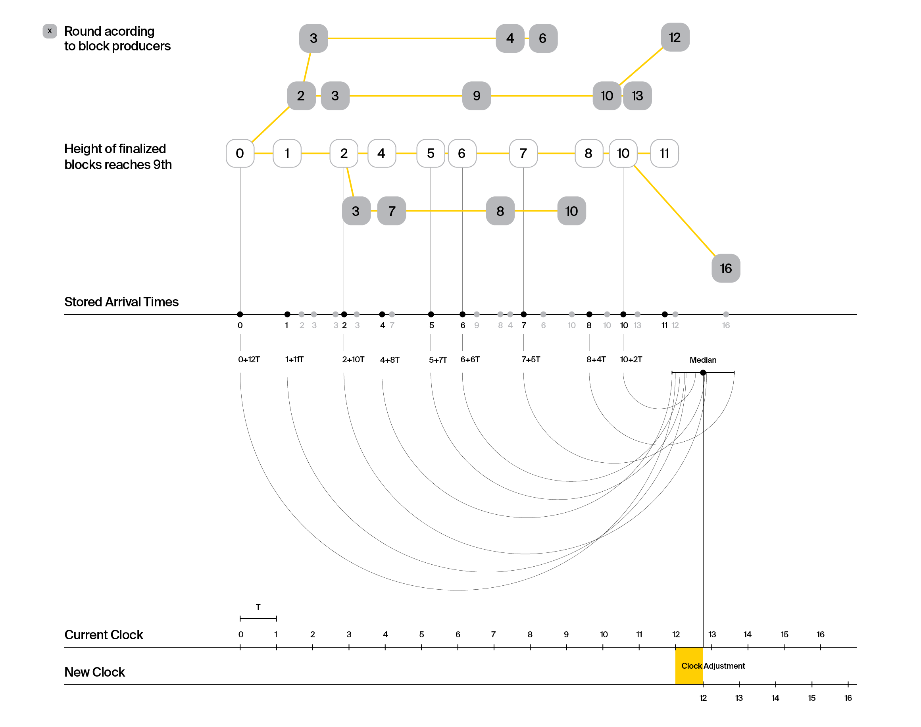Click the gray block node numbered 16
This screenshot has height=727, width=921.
tap(726, 268)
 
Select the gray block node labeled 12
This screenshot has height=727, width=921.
tap(675, 37)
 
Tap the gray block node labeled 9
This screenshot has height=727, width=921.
tap(477, 96)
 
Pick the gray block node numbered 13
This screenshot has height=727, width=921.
tap(637, 96)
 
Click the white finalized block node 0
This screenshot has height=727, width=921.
tap(240, 153)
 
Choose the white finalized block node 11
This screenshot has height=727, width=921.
tap(664, 153)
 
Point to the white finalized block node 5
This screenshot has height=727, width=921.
tap(431, 153)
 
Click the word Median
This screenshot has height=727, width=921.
tap(703, 360)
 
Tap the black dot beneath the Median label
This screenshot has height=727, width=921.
tap(703, 373)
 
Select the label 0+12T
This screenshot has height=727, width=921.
tap(249, 359)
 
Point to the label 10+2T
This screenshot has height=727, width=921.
tap(631, 359)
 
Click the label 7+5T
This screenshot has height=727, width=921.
tap(531, 359)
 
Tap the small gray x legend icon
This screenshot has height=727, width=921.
tap(50, 31)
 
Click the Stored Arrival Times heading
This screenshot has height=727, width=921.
tap(121, 302)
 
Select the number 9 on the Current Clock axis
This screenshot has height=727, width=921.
tap(566, 634)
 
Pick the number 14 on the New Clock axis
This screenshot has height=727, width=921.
tap(775, 698)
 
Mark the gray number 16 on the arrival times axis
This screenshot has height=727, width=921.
tap(726, 325)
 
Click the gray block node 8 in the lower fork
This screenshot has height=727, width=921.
tap(500, 211)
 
